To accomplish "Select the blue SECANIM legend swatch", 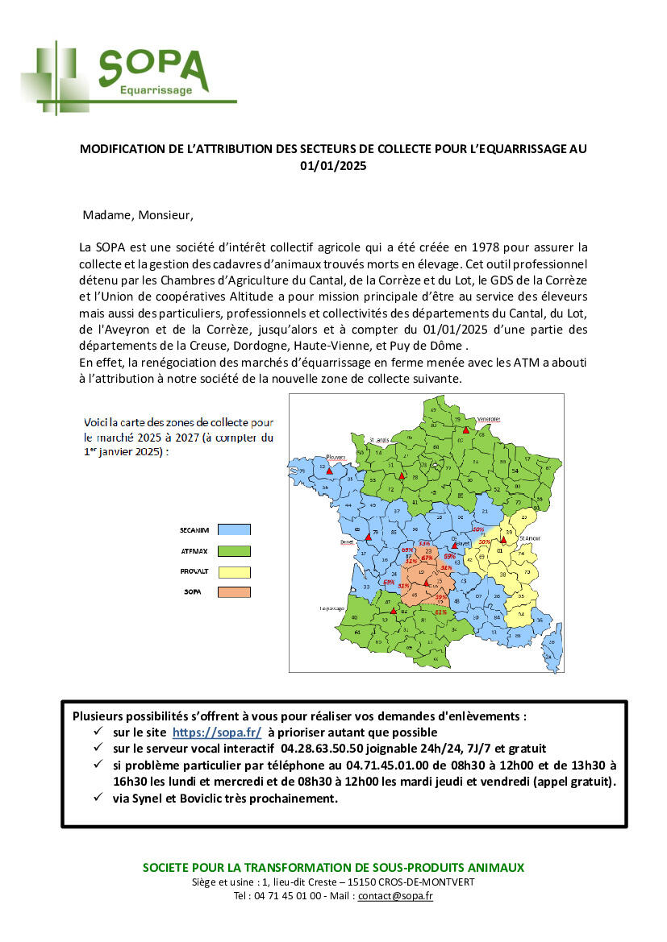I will [x=234, y=529].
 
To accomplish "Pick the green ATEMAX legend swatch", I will [x=234, y=551].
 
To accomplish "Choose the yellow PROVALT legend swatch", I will [x=234, y=572].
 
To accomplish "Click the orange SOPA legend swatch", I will [x=234, y=592].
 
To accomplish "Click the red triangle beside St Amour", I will [x=502, y=540].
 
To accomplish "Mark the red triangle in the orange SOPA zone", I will [x=427, y=582].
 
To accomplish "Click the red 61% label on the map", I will [x=440, y=612].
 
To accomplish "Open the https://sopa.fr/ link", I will [x=217, y=732].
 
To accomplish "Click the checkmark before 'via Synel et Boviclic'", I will [x=98, y=799].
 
